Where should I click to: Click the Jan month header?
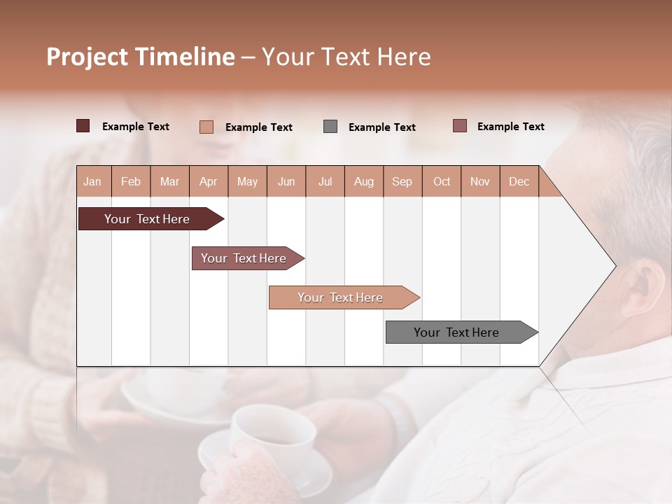92,181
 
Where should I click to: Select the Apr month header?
208,181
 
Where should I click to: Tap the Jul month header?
325,181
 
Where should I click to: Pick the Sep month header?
402,181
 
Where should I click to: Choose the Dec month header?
519,181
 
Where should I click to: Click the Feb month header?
131,181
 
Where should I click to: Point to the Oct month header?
442,181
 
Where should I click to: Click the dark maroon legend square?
83,126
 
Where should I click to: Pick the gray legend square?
330,127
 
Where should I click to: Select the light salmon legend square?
206,127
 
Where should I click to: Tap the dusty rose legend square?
459,126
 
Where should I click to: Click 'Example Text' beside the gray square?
381,127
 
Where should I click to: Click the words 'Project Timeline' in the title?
140,57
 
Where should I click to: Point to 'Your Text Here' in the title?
346,57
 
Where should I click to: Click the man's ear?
640,287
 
